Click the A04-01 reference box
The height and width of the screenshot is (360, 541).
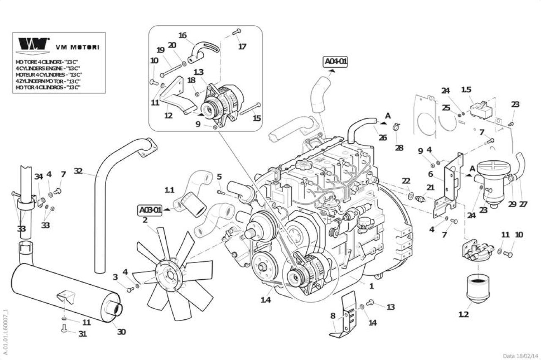click(x=336, y=62)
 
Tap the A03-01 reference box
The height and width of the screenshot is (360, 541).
click(x=150, y=210)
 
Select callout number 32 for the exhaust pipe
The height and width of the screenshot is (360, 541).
click(x=78, y=171)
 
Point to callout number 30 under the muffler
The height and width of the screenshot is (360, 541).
click(x=121, y=332)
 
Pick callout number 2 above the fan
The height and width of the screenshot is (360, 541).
click(x=145, y=220)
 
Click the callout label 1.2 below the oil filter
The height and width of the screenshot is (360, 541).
click(x=464, y=315)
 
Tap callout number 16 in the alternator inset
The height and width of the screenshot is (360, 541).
click(x=183, y=35)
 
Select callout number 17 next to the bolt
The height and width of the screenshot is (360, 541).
click(x=242, y=47)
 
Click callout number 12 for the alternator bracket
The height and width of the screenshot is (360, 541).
click(x=168, y=115)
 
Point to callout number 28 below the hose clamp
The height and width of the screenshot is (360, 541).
click(x=399, y=148)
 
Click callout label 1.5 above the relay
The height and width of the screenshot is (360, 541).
click(x=466, y=89)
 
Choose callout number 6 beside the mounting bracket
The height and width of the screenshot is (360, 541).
click(x=431, y=174)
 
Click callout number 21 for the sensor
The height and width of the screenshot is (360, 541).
click(x=430, y=187)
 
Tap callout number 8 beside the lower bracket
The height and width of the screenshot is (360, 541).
click(x=333, y=316)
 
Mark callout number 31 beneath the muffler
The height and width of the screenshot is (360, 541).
click(x=82, y=334)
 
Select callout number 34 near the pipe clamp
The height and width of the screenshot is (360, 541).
click(x=38, y=177)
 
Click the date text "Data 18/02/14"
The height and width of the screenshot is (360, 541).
click(x=520, y=356)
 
